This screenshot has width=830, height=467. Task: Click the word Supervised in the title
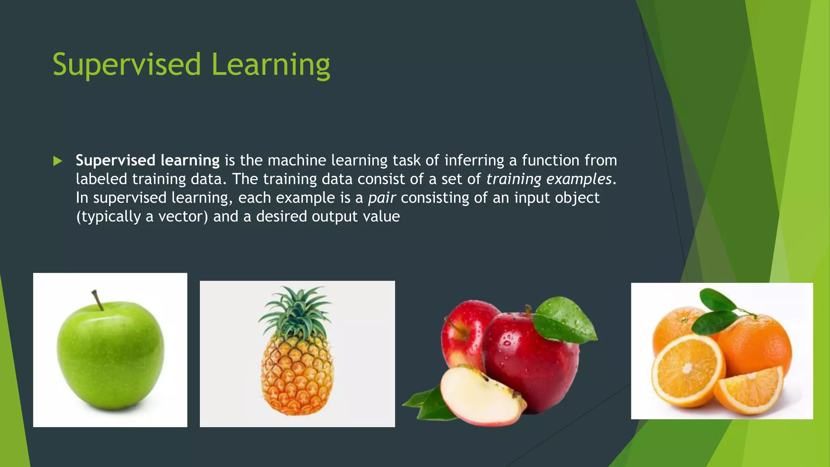tap(126, 65)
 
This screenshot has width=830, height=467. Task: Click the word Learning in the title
tap(270, 65)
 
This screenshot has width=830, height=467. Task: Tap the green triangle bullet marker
tap(58, 161)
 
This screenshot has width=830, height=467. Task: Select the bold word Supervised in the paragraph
tap(116, 161)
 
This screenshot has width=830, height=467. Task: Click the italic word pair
tap(381, 198)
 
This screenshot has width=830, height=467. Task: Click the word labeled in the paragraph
tap(101, 179)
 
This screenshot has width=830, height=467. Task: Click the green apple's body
tap(110, 357)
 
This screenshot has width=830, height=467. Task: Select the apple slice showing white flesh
tap(478, 395)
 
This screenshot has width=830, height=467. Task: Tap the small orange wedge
tap(750, 391)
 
